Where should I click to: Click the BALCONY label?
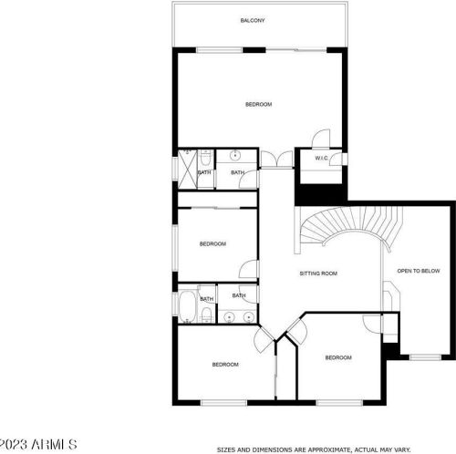tap(253, 20)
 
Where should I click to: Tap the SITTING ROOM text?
tap(318, 273)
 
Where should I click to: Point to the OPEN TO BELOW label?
tap(419, 271)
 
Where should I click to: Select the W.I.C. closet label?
tap(321, 158)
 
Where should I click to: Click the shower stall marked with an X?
tap(188, 169)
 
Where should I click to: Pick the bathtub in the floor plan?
tap(188, 307)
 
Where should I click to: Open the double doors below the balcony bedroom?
tap(276, 159)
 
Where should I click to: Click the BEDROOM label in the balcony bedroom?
tap(258, 105)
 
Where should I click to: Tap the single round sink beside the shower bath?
tap(235, 156)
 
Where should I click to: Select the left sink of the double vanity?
tap(229, 317)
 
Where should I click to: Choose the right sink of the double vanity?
tap(249, 317)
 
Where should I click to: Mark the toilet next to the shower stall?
tap(206, 157)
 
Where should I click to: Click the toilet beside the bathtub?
tap(206, 315)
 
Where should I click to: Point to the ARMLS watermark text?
tap(54, 444)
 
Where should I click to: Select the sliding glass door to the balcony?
tap(296, 50)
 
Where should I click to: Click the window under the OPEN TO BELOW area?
tap(425, 357)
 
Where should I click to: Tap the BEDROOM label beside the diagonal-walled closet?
tap(338, 357)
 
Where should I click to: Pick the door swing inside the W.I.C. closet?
tap(336, 160)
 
